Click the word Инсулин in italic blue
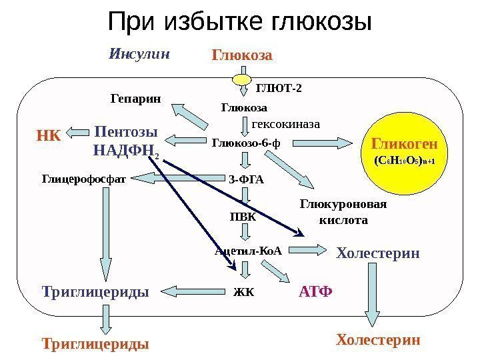pyautogui.click(x=139, y=53)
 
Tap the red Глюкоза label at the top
pyautogui.click(x=242, y=55)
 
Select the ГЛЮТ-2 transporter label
pyautogui.click(x=279, y=87)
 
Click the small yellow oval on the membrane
pyautogui.click(x=243, y=79)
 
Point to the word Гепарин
pyautogui.click(x=135, y=99)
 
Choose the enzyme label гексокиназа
pyautogui.click(x=286, y=124)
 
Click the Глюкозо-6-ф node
pyautogui.click(x=246, y=142)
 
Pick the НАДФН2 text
pyautogui.click(x=127, y=151)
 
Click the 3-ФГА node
pyautogui.click(x=246, y=179)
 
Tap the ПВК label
pyautogui.click(x=243, y=216)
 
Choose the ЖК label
pyautogui.click(x=244, y=292)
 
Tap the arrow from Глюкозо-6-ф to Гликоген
pyautogui.click(x=325, y=142)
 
